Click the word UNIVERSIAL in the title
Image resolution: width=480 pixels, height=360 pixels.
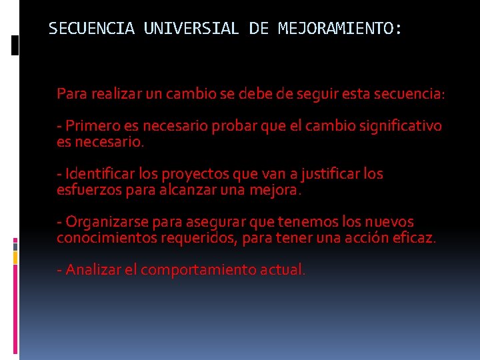[x=191, y=29]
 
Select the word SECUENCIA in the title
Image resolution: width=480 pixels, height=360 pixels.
[x=91, y=29]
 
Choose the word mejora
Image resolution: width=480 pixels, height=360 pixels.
[x=275, y=190]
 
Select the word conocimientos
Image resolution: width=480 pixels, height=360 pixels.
[x=107, y=238]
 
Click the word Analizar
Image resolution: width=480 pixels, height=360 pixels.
[x=93, y=270]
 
